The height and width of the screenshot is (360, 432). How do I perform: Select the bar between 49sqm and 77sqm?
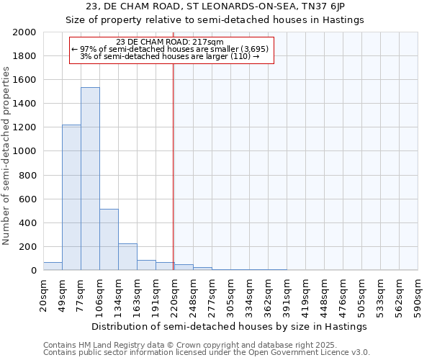[x=71, y=197]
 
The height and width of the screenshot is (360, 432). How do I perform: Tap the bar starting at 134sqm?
[x=127, y=256]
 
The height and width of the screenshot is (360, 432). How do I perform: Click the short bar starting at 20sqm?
[x=53, y=266]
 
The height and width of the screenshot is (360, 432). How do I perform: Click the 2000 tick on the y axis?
[x=25, y=32]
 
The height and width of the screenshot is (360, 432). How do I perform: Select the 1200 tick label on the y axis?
[x=25, y=127]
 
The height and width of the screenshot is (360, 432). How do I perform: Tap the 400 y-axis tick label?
[x=28, y=223]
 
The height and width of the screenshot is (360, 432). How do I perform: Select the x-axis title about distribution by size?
[x=230, y=326]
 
